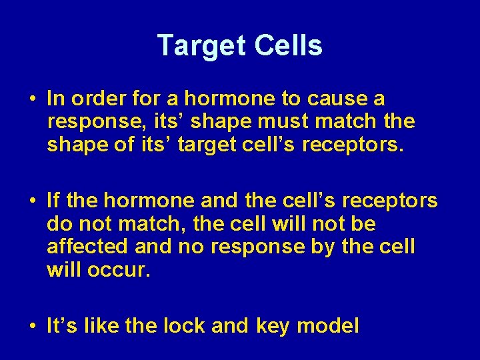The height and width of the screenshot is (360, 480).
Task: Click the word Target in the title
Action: click(201, 46)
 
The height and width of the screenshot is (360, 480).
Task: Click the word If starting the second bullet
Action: click(54, 200)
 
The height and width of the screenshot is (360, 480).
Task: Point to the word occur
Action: click(109, 269)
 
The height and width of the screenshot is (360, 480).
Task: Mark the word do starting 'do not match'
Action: click(57, 223)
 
